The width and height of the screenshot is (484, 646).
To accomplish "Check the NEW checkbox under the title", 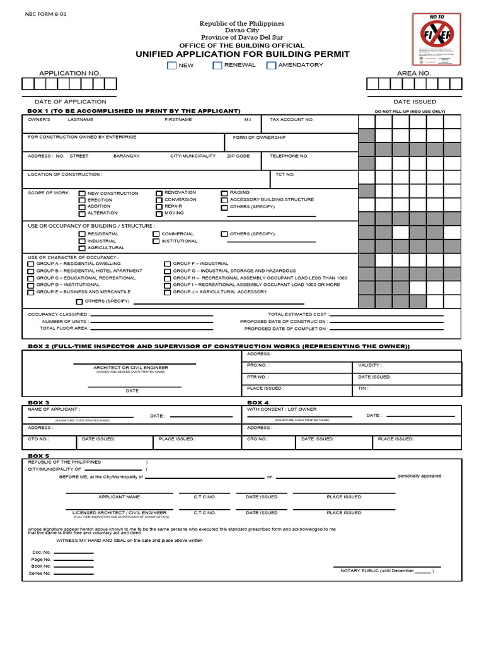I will pyautogui.click(x=171, y=65).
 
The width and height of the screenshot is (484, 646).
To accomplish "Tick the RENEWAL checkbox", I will pyautogui.click(x=217, y=65).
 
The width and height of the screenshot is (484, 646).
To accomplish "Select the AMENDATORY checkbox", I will pyautogui.click(x=271, y=65).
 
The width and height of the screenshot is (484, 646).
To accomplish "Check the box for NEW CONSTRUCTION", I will pyautogui.click(x=82, y=194).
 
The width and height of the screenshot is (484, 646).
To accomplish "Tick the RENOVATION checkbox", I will pyautogui.click(x=159, y=193).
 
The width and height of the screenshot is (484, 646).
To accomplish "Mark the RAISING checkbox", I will pyautogui.click(x=224, y=193).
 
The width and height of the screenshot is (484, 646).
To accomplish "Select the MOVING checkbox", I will pyautogui.click(x=159, y=214).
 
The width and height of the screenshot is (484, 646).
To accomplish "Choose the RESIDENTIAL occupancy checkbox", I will pyautogui.click(x=82, y=234).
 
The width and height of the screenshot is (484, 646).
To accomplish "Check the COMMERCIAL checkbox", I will pyautogui.click(x=156, y=234).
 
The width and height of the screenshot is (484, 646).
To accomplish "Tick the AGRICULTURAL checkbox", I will pyautogui.click(x=82, y=248).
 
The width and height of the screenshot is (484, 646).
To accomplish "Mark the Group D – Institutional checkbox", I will pyautogui.click(x=31, y=285).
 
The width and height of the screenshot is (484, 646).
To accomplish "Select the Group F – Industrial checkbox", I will pyautogui.click(x=168, y=264).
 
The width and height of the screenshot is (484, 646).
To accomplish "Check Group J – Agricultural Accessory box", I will pyautogui.click(x=168, y=292).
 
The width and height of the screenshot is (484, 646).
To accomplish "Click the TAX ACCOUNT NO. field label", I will pyautogui.click(x=291, y=119).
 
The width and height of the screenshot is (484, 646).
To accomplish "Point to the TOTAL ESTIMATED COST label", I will pyautogui.click(x=297, y=314).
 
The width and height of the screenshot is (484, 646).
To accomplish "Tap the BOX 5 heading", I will pyautogui.click(x=38, y=455).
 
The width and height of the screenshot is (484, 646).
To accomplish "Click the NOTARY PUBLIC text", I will pyautogui.click(x=359, y=571).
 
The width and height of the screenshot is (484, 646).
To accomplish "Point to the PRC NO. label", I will pyautogui.click(x=258, y=365).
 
